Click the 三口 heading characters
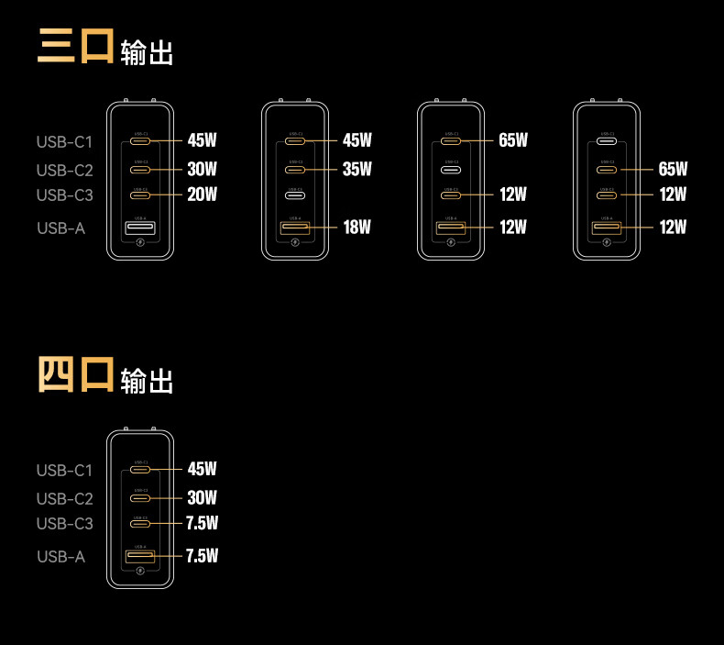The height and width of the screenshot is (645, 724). pyautogui.click(x=75, y=47)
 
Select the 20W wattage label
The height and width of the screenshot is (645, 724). pyautogui.click(x=202, y=195)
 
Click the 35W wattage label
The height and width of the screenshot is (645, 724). pyautogui.click(x=357, y=169)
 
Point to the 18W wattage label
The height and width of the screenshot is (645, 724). pyautogui.click(x=357, y=227)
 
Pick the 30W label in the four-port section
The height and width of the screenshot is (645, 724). pyautogui.click(x=202, y=498)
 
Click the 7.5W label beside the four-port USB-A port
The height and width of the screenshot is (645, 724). pyautogui.click(x=202, y=556)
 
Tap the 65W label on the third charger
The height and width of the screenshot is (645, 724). pyautogui.click(x=513, y=140)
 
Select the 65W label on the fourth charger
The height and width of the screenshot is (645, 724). pyautogui.click(x=673, y=169)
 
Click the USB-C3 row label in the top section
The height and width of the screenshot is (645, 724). pyautogui.click(x=65, y=195)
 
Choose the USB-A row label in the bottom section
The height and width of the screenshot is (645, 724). pyautogui.click(x=61, y=557)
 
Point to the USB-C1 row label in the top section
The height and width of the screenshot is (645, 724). pyautogui.click(x=65, y=142)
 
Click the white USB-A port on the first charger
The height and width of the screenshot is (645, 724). pyautogui.click(x=139, y=227)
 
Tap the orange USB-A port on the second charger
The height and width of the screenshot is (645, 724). pyautogui.click(x=295, y=227)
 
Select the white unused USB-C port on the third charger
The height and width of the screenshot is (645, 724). pyautogui.click(x=451, y=170)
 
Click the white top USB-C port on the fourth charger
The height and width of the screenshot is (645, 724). pyautogui.click(x=607, y=141)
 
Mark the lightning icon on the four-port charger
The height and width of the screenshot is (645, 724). pyautogui.click(x=139, y=571)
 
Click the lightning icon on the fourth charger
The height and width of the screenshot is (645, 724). pyautogui.click(x=607, y=243)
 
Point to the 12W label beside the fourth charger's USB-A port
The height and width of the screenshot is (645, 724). pyautogui.click(x=673, y=227)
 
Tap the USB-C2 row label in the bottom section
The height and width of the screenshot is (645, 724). pyautogui.click(x=65, y=499)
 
